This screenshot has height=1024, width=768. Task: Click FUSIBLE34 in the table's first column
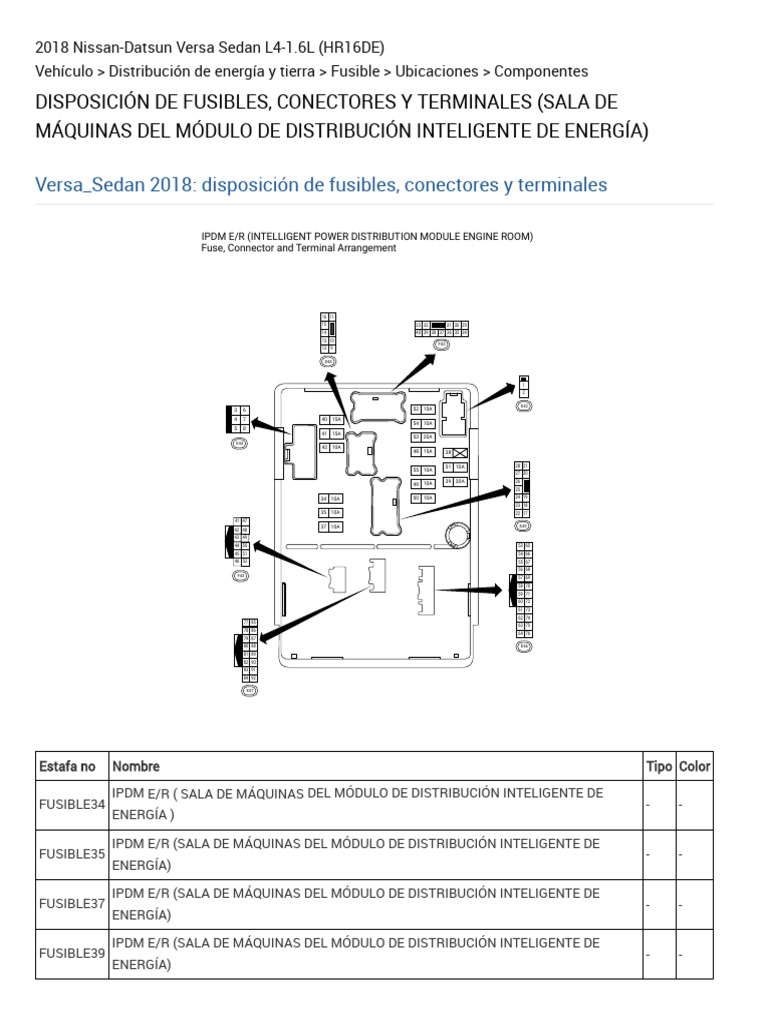(x=71, y=805)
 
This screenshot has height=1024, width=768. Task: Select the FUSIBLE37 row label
(x=71, y=904)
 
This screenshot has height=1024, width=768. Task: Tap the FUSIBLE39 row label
(x=71, y=953)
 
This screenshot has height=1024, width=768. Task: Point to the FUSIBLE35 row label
(x=71, y=855)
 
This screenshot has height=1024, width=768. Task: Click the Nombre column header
(x=136, y=766)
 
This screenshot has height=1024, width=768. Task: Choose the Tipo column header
(x=659, y=766)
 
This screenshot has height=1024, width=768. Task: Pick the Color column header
(x=694, y=766)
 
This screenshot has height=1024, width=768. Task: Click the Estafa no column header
(x=68, y=766)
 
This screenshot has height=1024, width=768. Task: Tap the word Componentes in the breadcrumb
(x=541, y=71)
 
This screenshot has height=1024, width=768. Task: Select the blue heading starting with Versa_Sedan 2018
(x=320, y=185)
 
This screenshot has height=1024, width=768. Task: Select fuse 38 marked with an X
(x=455, y=453)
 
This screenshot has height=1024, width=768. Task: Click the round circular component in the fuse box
(x=458, y=535)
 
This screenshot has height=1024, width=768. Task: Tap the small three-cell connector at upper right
(x=523, y=386)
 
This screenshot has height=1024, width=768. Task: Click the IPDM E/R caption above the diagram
(x=367, y=236)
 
